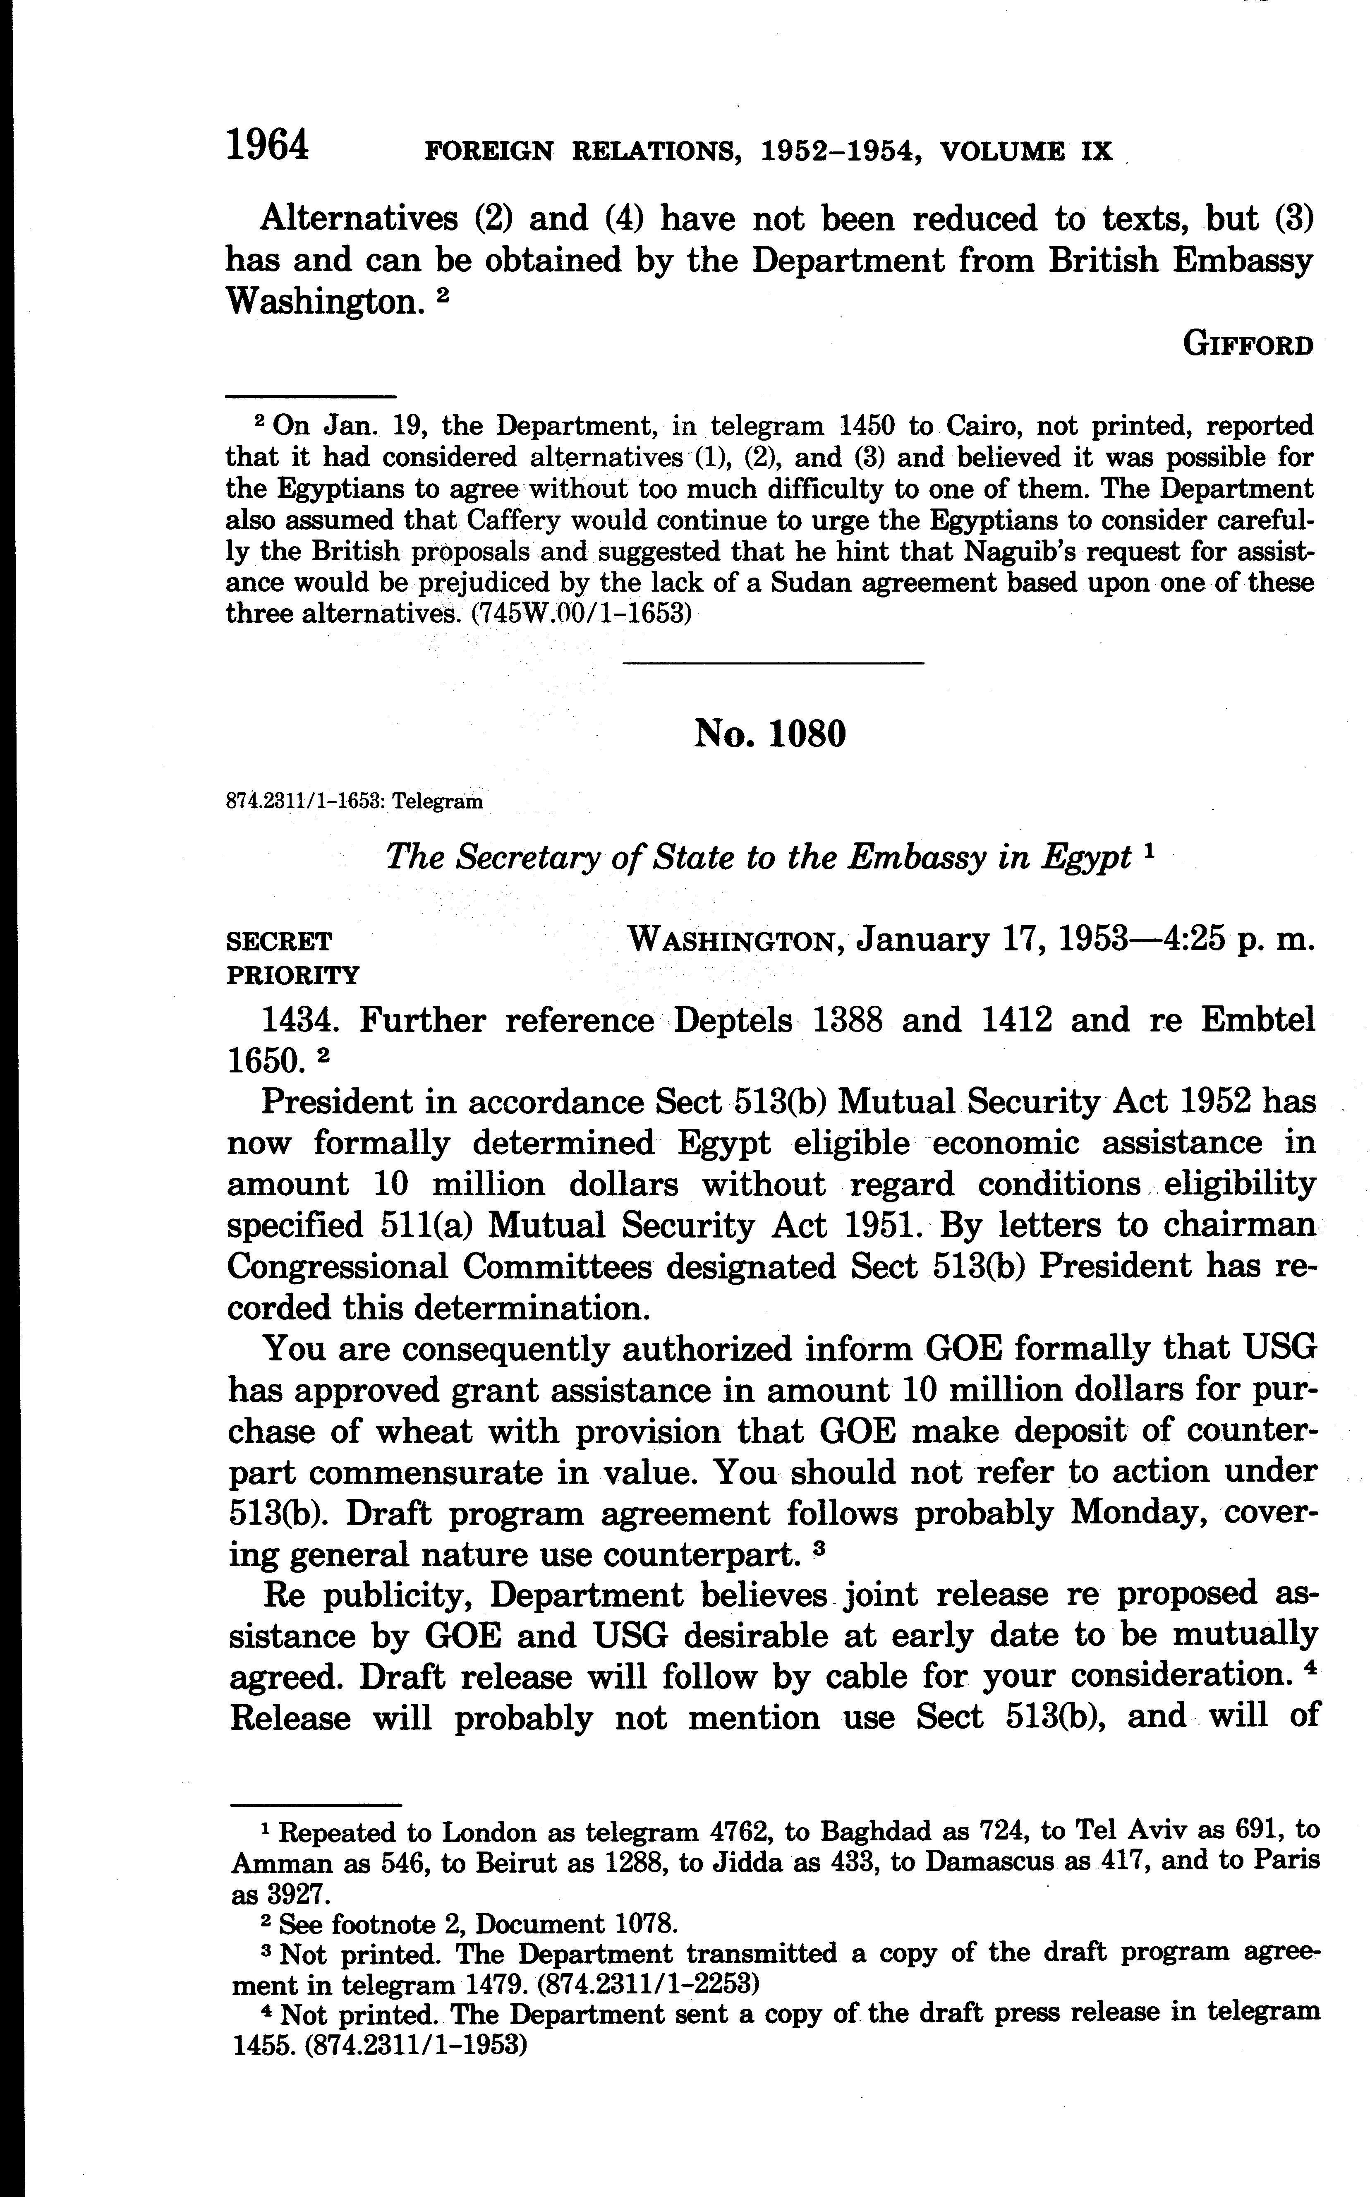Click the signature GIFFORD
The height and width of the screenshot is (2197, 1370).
[x=1248, y=345]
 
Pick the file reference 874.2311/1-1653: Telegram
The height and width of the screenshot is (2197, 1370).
[x=353, y=801]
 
